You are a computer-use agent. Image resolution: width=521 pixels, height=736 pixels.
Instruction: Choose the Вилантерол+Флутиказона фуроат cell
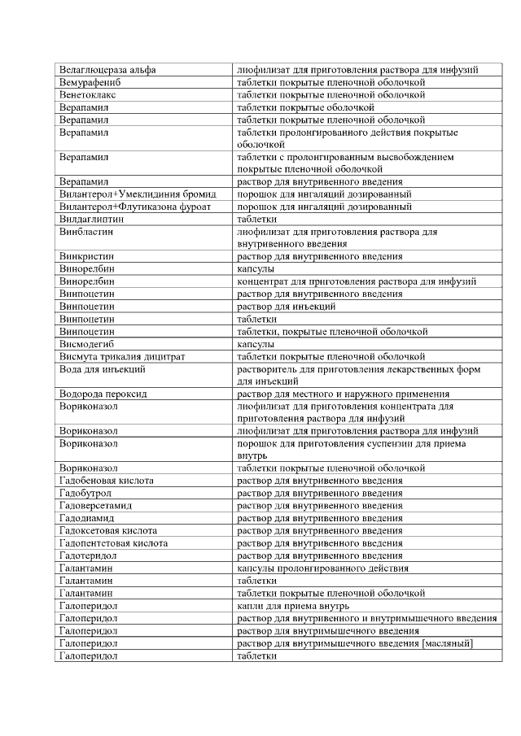coord(134,207)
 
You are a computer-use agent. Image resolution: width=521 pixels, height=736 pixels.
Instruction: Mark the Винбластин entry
coord(85,231)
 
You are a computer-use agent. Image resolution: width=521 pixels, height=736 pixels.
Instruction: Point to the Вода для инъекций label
coord(103,368)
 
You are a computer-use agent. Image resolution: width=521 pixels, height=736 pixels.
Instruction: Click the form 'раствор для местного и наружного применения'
coord(345,394)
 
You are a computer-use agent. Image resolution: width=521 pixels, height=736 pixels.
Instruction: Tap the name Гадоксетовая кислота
coord(108,530)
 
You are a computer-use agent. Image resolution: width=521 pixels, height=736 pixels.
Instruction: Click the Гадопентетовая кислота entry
coord(113,542)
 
